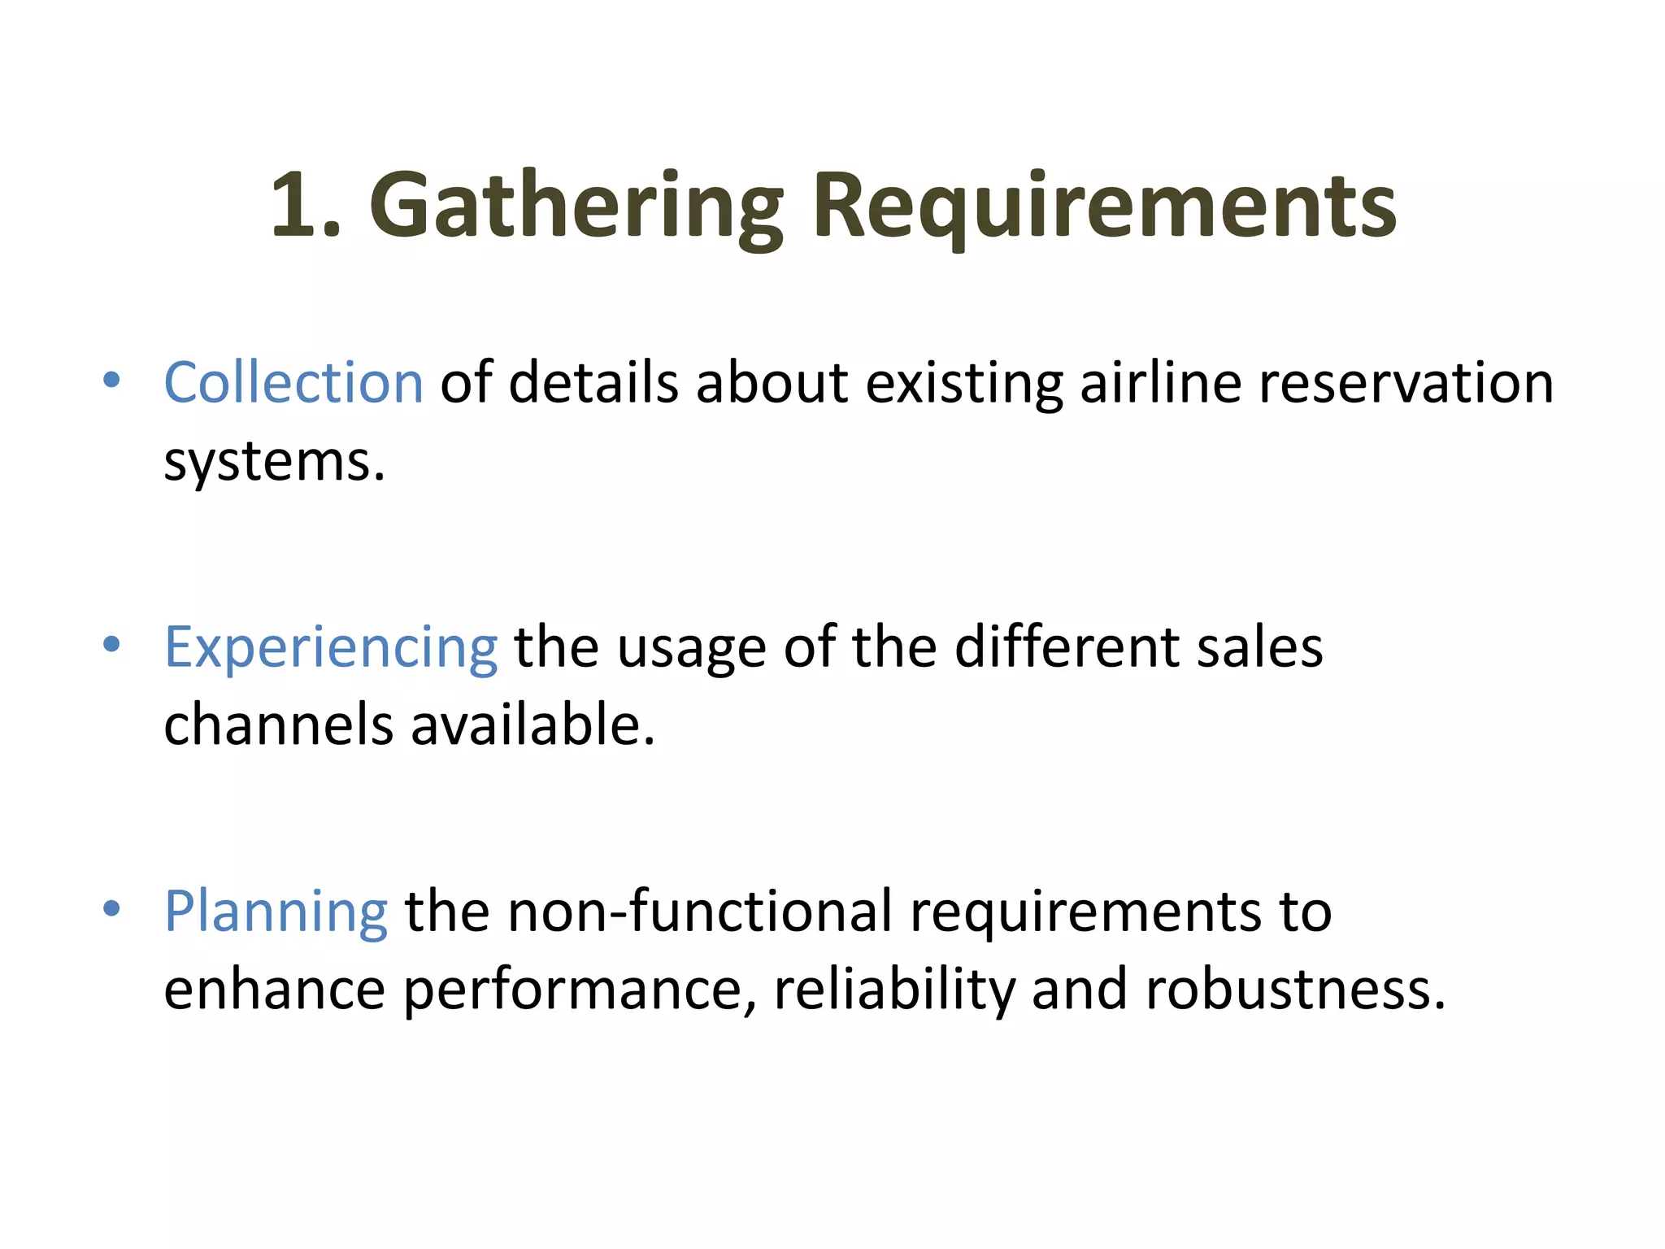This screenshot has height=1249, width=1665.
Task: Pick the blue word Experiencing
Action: (x=331, y=647)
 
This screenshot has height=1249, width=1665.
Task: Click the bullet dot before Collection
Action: (x=112, y=380)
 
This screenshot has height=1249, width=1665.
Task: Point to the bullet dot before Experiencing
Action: (x=112, y=645)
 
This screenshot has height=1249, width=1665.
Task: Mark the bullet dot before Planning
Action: (x=112, y=908)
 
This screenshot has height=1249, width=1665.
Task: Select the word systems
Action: (x=274, y=462)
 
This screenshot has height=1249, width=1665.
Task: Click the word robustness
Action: (x=1295, y=989)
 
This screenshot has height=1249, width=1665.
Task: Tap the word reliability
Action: (x=894, y=989)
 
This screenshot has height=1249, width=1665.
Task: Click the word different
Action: (x=1066, y=647)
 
